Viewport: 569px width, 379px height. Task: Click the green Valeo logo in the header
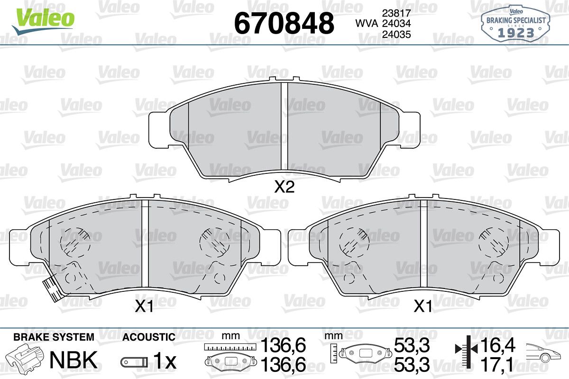pos(43,21)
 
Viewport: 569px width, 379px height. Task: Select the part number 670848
pos(284,23)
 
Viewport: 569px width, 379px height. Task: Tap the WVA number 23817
pos(396,13)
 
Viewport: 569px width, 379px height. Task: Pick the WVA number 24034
pos(396,24)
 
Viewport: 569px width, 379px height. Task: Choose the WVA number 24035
pos(396,35)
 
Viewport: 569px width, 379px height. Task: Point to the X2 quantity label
pos(284,187)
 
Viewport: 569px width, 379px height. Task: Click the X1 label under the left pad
pos(144,307)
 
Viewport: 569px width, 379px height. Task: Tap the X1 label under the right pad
pos(422,307)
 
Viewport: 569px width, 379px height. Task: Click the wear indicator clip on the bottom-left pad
pos(52,289)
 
